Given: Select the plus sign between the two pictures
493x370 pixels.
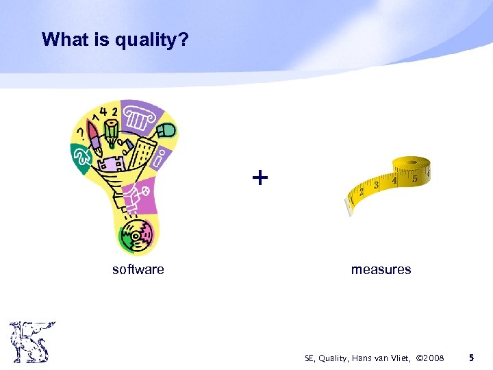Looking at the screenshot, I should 260,178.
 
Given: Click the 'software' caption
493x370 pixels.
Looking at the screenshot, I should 138,269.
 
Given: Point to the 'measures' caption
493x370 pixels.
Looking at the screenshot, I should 381,269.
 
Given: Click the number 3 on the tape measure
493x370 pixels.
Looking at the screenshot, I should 377,186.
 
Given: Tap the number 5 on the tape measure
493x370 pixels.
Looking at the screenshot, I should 415,179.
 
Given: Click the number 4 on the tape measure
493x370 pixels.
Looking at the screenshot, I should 396,182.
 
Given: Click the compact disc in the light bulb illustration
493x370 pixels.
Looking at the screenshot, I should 137,237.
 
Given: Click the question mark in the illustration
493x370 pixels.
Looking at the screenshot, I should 83,129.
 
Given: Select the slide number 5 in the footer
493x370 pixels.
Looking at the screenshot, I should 471,358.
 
